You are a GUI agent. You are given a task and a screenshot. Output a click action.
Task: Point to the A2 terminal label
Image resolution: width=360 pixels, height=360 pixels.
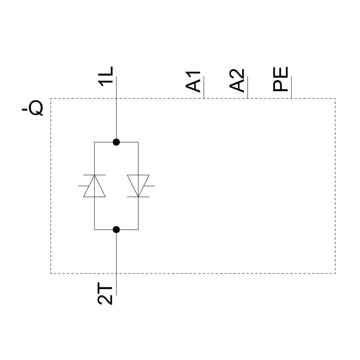pyautogui.click(x=237, y=81)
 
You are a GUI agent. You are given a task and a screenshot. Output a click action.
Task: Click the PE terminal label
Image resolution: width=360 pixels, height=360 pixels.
pyautogui.click(x=281, y=79)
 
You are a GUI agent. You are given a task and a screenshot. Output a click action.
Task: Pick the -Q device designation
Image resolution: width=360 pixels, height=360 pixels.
pyautogui.click(x=33, y=108)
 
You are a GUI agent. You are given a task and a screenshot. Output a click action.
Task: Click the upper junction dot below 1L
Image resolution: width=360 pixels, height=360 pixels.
pyautogui.click(x=116, y=142)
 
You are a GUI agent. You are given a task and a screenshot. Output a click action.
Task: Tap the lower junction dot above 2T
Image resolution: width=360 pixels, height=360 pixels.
pyautogui.click(x=116, y=229)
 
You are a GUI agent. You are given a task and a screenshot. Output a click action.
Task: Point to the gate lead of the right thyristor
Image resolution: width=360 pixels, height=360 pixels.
pyautogui.click(x=149, y=186)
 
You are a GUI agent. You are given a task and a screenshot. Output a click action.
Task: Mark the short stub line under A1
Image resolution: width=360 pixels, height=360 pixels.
pyautogui.click(x=204, y=87)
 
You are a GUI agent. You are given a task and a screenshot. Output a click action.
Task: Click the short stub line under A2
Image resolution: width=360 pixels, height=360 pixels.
pyautogui.click(x=248, y=87)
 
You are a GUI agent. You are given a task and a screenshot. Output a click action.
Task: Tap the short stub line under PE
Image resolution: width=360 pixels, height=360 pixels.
pyautogui.click(x=291, y=87)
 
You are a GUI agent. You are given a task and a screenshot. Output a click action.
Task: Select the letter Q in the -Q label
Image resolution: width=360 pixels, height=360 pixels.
pyautogui.click(x=36, y=108)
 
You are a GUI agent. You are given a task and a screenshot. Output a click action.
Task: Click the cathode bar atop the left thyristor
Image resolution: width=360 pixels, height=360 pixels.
pyautogui.click(x=94, y=175)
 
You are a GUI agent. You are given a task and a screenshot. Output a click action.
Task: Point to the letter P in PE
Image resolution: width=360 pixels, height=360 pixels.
pyautogui.click(x=281, y=86)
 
